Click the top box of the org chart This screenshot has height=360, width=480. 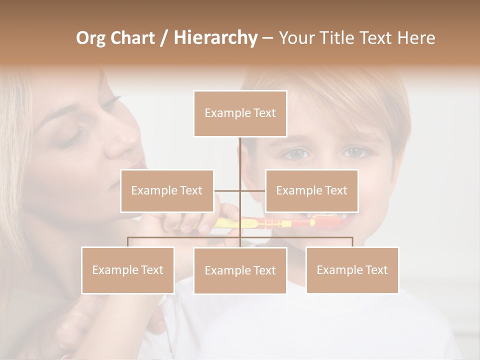(x=240, y=113)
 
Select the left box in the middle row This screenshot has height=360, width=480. (x=167, y=190)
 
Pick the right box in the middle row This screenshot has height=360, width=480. (x=311, y=190)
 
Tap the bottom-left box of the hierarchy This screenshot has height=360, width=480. (x=128, y=270)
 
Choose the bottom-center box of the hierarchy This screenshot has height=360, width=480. (x=240, y=270)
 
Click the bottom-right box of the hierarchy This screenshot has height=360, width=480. (x=352, y=270)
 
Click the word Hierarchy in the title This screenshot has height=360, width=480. (x=215, y=38)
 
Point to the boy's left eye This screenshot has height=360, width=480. (x=356, y=151)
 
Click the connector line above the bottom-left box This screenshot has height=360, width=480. (x=128, y=242)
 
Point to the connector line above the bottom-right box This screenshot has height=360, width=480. (x=352, y=242)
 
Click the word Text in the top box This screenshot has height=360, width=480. (x=264, y=113)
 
